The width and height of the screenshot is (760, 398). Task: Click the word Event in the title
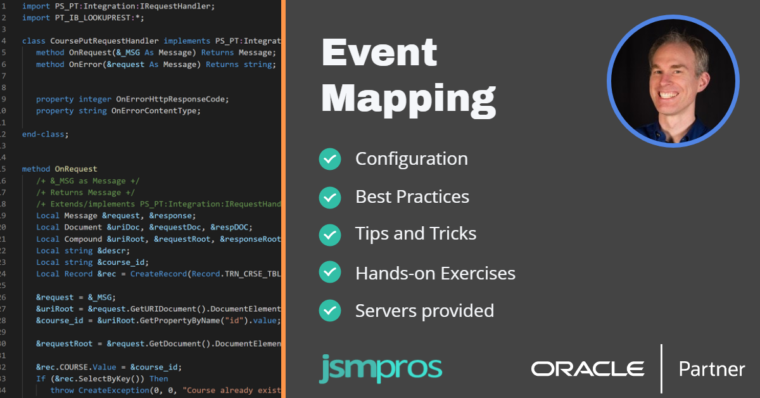pyautogui.click(x=379, y=53)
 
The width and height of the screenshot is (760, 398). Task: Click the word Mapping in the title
pyautogui.click(x=408, y=99)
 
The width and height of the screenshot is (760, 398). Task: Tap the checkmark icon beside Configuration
pyautogui.click(x=329, y=158)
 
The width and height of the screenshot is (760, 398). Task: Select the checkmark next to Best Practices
pyautogui.click(x=329, y=197)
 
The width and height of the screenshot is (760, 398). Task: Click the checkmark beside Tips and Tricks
pyautogui.click(x=329, y=235)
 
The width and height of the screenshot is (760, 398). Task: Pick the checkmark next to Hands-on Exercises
pyautogui.click(x=329, y=273)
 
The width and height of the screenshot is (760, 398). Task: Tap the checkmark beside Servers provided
pyautogui.click(x=329, y=311)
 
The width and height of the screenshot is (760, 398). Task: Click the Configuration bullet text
pyautogui.click(x=411, y=158)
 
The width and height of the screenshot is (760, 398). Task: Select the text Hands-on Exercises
pyautogui.click(x=435, y=273)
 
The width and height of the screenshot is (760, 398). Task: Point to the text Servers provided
pyautogui.click(x=424, y=311)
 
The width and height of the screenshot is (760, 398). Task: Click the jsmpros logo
pyautogui.click(x=380, y=369)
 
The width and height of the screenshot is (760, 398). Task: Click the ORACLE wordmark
pyautogui.click(x=587, y=369)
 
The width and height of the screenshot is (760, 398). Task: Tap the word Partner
pyautogui.click(x=711, y=369)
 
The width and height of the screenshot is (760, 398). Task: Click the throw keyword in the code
pyautogui.click(x=62, y=390)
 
